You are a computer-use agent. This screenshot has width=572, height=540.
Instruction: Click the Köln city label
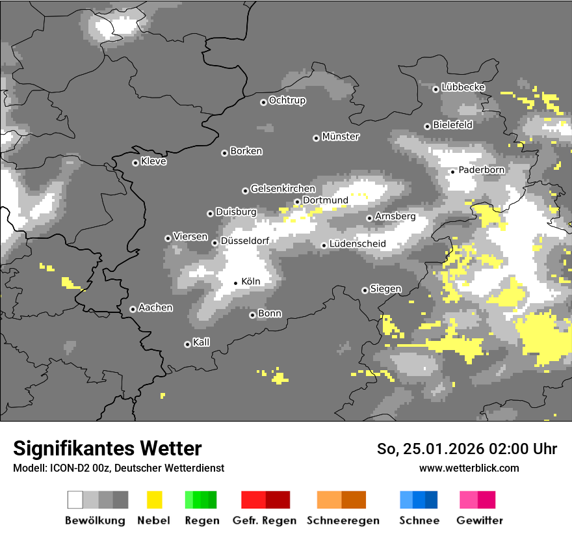250,282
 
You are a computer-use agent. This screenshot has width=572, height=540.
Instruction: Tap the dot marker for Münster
316,138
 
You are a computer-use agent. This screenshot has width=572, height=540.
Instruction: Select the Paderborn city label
481,170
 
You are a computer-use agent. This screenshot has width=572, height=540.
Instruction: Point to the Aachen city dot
133,309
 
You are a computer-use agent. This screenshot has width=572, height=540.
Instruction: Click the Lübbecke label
463,87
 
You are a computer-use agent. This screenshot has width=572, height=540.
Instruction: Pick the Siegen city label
385,289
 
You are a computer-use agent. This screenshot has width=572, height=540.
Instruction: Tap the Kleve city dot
135,163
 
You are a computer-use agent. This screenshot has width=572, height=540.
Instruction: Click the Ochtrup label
287,101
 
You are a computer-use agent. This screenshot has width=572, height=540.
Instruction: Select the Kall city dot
187,344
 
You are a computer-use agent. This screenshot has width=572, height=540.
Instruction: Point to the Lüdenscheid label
357,244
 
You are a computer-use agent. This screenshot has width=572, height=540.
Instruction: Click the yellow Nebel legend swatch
155,500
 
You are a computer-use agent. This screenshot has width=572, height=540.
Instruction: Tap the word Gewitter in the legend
479,520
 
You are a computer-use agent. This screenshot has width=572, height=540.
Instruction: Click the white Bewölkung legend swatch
75,500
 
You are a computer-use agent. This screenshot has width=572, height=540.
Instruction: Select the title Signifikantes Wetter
107,448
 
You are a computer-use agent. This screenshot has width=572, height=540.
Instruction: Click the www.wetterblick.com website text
469,468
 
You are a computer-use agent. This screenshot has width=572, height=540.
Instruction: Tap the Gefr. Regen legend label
265,520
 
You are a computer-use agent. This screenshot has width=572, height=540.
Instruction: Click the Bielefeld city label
452,125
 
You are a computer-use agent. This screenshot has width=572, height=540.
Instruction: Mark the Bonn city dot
253,315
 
